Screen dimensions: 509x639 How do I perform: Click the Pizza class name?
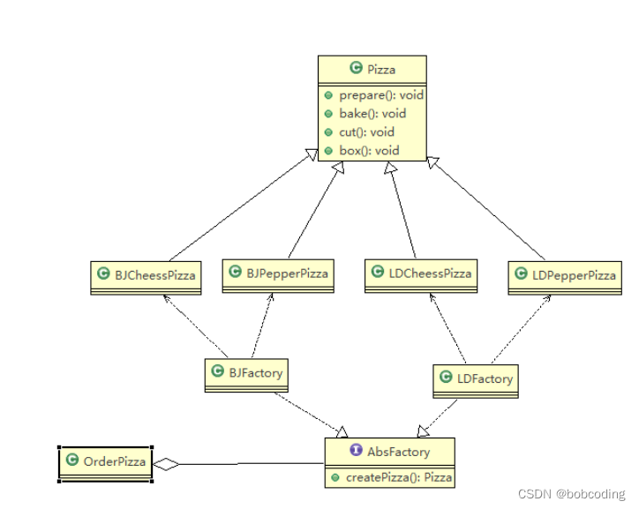pos(381,68)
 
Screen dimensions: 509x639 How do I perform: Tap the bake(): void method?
pos(372,114)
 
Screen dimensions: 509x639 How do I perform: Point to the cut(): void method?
pos(366,132)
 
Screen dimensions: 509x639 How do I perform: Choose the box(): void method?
pos(369,151)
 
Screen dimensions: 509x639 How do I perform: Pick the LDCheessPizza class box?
pos(421,274)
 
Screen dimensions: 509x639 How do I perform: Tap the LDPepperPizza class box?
pos(565,276)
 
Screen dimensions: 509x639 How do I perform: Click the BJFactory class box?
pos(247,374)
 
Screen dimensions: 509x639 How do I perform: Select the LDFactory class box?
pos(476,379)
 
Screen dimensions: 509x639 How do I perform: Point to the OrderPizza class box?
pos(106,462)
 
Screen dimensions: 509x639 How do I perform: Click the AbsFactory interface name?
pos(398,452)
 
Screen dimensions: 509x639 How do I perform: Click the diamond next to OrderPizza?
pos(166,463)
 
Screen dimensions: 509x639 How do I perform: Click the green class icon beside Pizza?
pos(356,68)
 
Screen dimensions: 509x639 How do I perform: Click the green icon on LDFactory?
pos(447,378)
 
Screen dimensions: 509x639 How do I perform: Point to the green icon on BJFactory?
pos(217,372)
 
